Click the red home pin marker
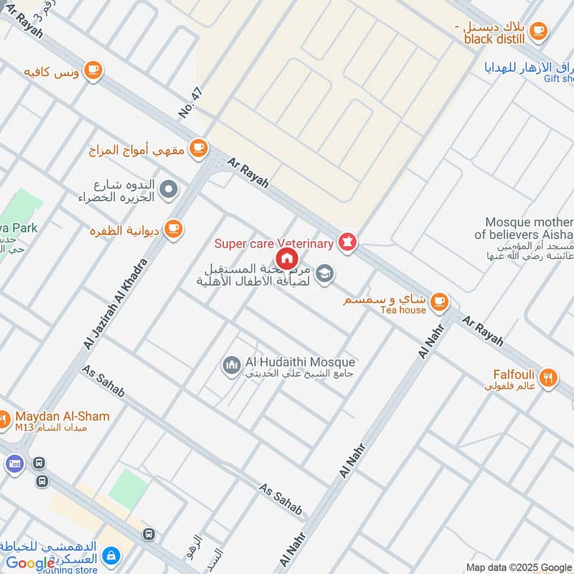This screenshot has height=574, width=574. pos(286,258)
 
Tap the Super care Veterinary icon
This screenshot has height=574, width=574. pos(348,243)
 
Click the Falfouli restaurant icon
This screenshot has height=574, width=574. pos(548,377)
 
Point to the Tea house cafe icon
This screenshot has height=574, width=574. pos(440,302)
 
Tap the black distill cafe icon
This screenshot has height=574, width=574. pos(538,31)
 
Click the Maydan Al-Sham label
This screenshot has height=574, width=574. pos(62,416)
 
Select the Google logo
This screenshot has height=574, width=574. pos(30,563)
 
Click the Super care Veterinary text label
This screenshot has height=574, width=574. pos(274,244)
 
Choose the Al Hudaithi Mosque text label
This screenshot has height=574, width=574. pos(299,362)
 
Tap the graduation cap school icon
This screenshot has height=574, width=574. pos(325,273)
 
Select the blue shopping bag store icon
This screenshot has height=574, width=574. pos(110,555)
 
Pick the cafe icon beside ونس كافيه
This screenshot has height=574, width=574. pos(93,70)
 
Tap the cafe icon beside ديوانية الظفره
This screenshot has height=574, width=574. pos(173,229)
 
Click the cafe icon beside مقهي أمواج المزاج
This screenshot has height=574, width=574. pos(199,149)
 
